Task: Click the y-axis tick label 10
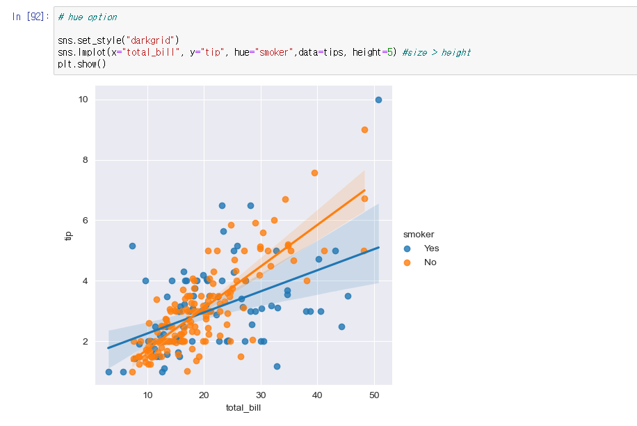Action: coord(83,100)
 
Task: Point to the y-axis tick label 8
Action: coord(85,160)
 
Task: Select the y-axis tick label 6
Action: coord(85,221)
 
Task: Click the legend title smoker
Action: coord(419,235)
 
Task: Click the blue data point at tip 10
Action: coord(378,100)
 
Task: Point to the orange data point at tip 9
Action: coord(364,129)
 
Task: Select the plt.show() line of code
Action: coord(82,64)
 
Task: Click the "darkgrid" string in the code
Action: coord(152,40)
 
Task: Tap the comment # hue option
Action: coord(88,17)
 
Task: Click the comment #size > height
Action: coord(436,52)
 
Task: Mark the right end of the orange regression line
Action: coord(364,190)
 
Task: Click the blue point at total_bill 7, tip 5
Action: coord(132,246)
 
